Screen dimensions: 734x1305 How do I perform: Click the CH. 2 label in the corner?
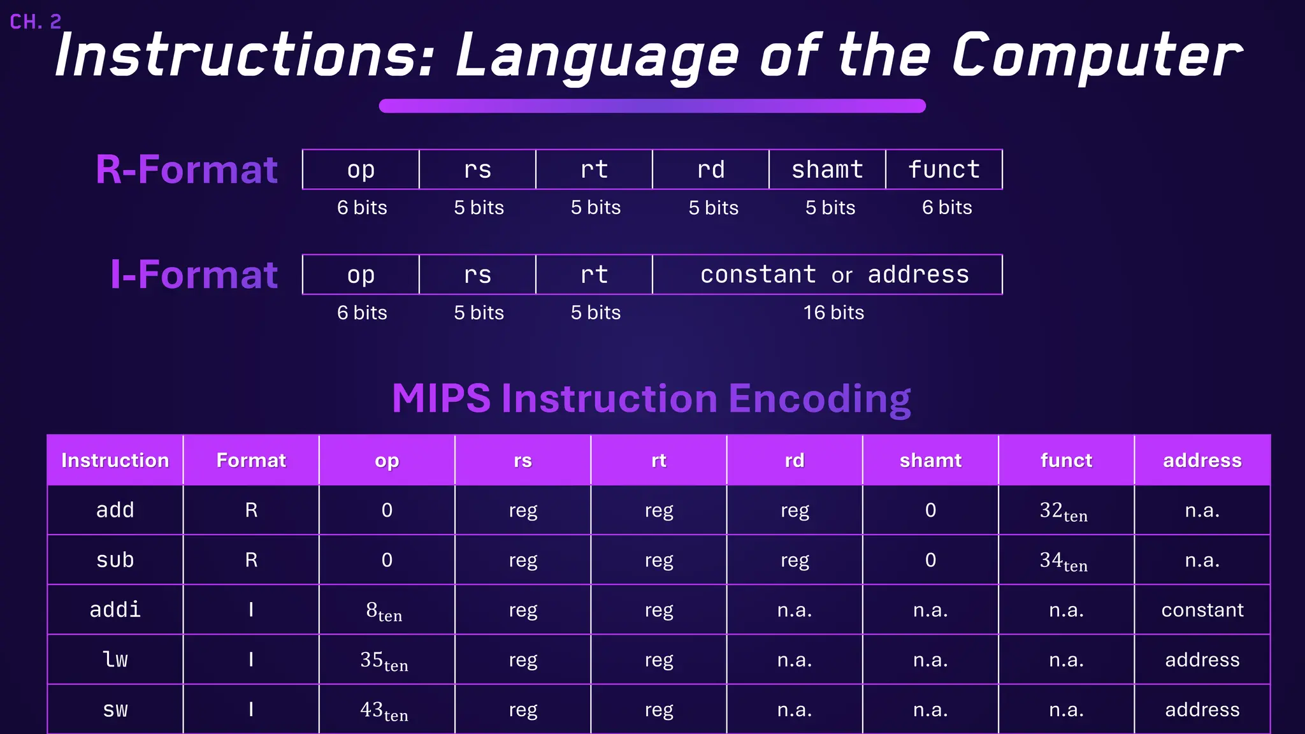pos(36,22)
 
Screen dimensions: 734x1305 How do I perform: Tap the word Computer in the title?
pos(1096,56)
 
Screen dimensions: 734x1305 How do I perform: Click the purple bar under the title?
pos(652,106)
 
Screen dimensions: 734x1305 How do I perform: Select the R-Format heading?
pos(186,169)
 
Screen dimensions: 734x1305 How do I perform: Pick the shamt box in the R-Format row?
pos(827,169)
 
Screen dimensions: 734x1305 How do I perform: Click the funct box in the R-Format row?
pos(944,169)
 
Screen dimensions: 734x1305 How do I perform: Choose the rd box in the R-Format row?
pos(710,169)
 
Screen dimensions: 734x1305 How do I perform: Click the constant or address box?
pos(827,275)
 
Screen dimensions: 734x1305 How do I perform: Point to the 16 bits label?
pos(833,312)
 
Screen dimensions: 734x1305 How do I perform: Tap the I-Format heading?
pos(194,275)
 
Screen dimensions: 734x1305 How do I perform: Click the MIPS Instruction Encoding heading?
pos(651,398)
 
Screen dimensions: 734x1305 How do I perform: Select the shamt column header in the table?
pos(930,460)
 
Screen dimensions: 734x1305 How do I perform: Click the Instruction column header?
pos(115,460)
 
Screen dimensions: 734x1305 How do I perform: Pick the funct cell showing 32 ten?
pos(1065,510)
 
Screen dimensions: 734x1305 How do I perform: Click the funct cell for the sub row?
pos(1065,560)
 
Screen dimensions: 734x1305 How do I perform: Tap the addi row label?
pos(115,610)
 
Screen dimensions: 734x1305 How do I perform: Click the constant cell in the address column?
pos(1202,610)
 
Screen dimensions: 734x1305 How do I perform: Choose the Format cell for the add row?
pos(251,510)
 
